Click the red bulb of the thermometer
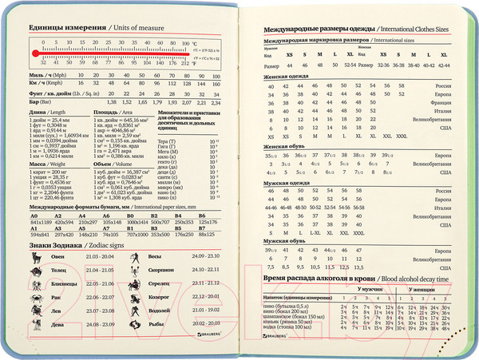pos(32,53)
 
